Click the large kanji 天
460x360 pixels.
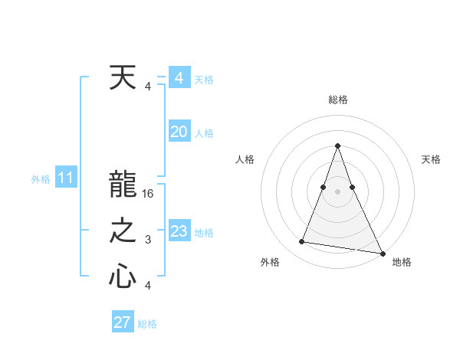point(123,79)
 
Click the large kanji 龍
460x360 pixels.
point(123,186)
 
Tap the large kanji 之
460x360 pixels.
point(123,231)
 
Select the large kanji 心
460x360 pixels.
point(123,277)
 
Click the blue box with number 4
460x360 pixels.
point(179,78)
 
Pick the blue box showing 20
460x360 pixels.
point(179,132)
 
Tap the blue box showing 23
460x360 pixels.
point(179,231)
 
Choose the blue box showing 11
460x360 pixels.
point(65,178)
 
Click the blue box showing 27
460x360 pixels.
point(123,322)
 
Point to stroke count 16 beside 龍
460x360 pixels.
point(149,194)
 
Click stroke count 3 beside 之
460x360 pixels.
point(148,240)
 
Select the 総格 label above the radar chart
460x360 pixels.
point(338,100)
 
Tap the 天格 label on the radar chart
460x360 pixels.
point(431,159)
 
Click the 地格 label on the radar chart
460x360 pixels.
point(402,262)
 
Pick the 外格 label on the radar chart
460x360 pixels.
point(270,262)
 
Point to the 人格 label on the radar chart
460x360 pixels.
point(245,159)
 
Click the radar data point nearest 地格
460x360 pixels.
point(382,252)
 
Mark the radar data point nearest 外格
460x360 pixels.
point(302,242)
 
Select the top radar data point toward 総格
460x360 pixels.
point(338,146)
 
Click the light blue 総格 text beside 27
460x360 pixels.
point(147,324)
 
